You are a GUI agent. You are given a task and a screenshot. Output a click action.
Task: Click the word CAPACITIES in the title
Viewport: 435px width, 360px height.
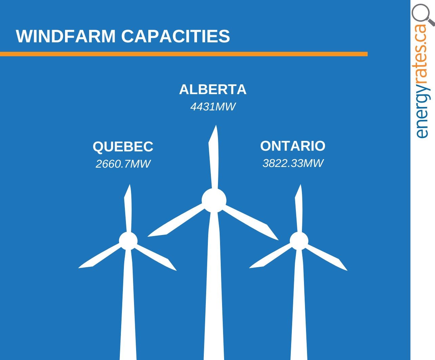tap(176, 36)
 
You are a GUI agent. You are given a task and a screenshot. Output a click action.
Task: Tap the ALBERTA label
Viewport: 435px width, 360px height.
tap(213, 89)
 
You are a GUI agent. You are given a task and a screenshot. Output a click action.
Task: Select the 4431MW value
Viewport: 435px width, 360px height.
tap(213, 107)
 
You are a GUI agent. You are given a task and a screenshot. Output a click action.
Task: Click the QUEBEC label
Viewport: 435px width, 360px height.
tap(123, 147)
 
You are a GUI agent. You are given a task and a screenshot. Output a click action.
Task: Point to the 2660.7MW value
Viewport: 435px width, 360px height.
tap(123, 164)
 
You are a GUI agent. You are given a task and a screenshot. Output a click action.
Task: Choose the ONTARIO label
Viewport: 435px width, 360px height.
tap(292, 146)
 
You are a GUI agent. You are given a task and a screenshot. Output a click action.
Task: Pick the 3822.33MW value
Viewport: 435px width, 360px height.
tap(293, 163)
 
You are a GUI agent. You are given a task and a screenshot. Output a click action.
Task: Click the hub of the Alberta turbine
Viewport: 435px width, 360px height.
tap(214, 200)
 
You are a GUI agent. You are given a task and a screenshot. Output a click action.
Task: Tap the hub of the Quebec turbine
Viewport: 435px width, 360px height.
tap(128, 241)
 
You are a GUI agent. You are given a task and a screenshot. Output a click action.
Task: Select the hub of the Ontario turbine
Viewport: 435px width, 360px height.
tap(299, 241)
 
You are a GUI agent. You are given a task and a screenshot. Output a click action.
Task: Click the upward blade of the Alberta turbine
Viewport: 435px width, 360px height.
tap(214, 156)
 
